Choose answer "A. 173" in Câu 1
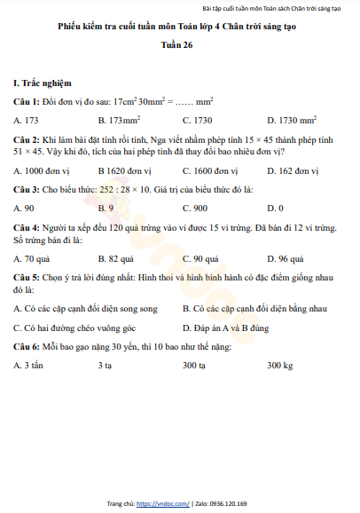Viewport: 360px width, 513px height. [x=27, y=119]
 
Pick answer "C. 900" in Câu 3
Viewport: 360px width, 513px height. [x=195, y=208]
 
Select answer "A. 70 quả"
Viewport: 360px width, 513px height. [x=32, y=258]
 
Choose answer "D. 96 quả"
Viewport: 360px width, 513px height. [x=286, y=258]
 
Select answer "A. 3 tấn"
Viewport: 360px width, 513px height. [x=29, y=365]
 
